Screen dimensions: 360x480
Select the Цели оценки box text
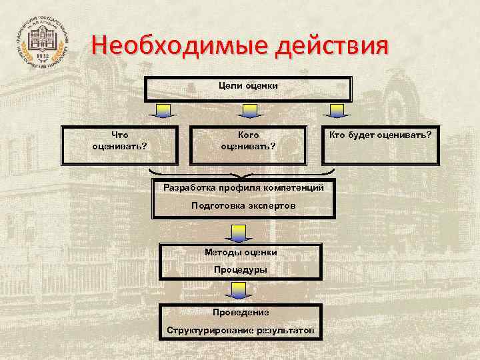pos(248,85)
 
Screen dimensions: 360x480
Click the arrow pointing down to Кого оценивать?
pos(248,111)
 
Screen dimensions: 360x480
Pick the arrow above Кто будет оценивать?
pos(337,111)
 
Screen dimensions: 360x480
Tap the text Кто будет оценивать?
pos(381,135)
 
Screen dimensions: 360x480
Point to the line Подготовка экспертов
pos(243,206)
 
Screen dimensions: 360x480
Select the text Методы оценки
pos(240,251)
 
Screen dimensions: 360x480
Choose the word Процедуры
pos(240,270)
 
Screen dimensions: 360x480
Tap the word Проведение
pos(241,312)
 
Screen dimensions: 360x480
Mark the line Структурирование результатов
pos(241,331)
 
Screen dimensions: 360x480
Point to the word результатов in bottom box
pos(285,331)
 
